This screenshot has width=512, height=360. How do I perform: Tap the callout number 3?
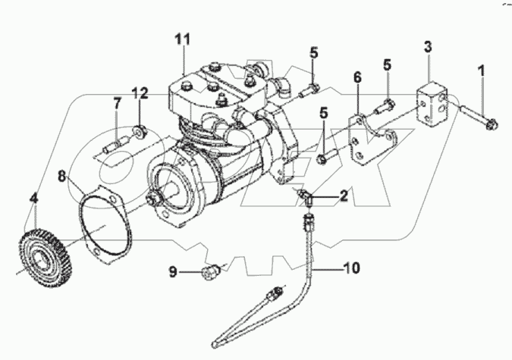(x=428, y=47)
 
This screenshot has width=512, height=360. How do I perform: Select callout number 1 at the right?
(x=480, y=73)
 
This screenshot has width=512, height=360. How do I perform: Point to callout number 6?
(x=357, y=77)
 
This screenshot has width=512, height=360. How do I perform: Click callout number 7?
(x=117, y=102)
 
